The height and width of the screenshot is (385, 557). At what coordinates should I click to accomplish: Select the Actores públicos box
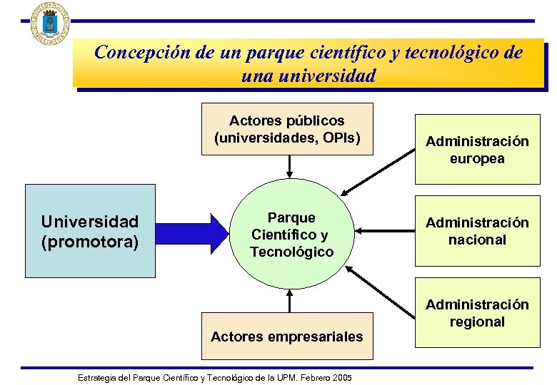coord(287,129)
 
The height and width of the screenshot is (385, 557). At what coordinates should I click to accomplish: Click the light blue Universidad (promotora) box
coord(90,230)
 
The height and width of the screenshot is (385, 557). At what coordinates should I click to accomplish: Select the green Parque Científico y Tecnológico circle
coord(291,235)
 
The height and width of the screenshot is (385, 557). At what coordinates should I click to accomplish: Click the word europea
coord(477,159)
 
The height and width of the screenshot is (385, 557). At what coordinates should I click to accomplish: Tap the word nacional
coord(477,240)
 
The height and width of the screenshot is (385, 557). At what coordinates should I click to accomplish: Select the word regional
coord(477,322)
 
